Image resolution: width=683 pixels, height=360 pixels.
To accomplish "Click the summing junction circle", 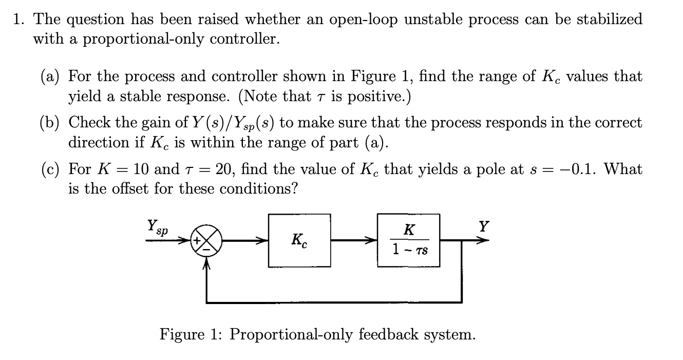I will [206, 240].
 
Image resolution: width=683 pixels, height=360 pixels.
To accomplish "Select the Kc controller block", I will [299, 240].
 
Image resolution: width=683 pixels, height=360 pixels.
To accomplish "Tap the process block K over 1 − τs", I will [409, 239].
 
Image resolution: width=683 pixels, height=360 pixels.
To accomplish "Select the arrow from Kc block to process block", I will [354, 240].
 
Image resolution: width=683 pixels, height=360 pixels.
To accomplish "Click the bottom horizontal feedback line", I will [334, 302].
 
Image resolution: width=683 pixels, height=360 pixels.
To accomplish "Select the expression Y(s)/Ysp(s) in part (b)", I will [233, 123].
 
